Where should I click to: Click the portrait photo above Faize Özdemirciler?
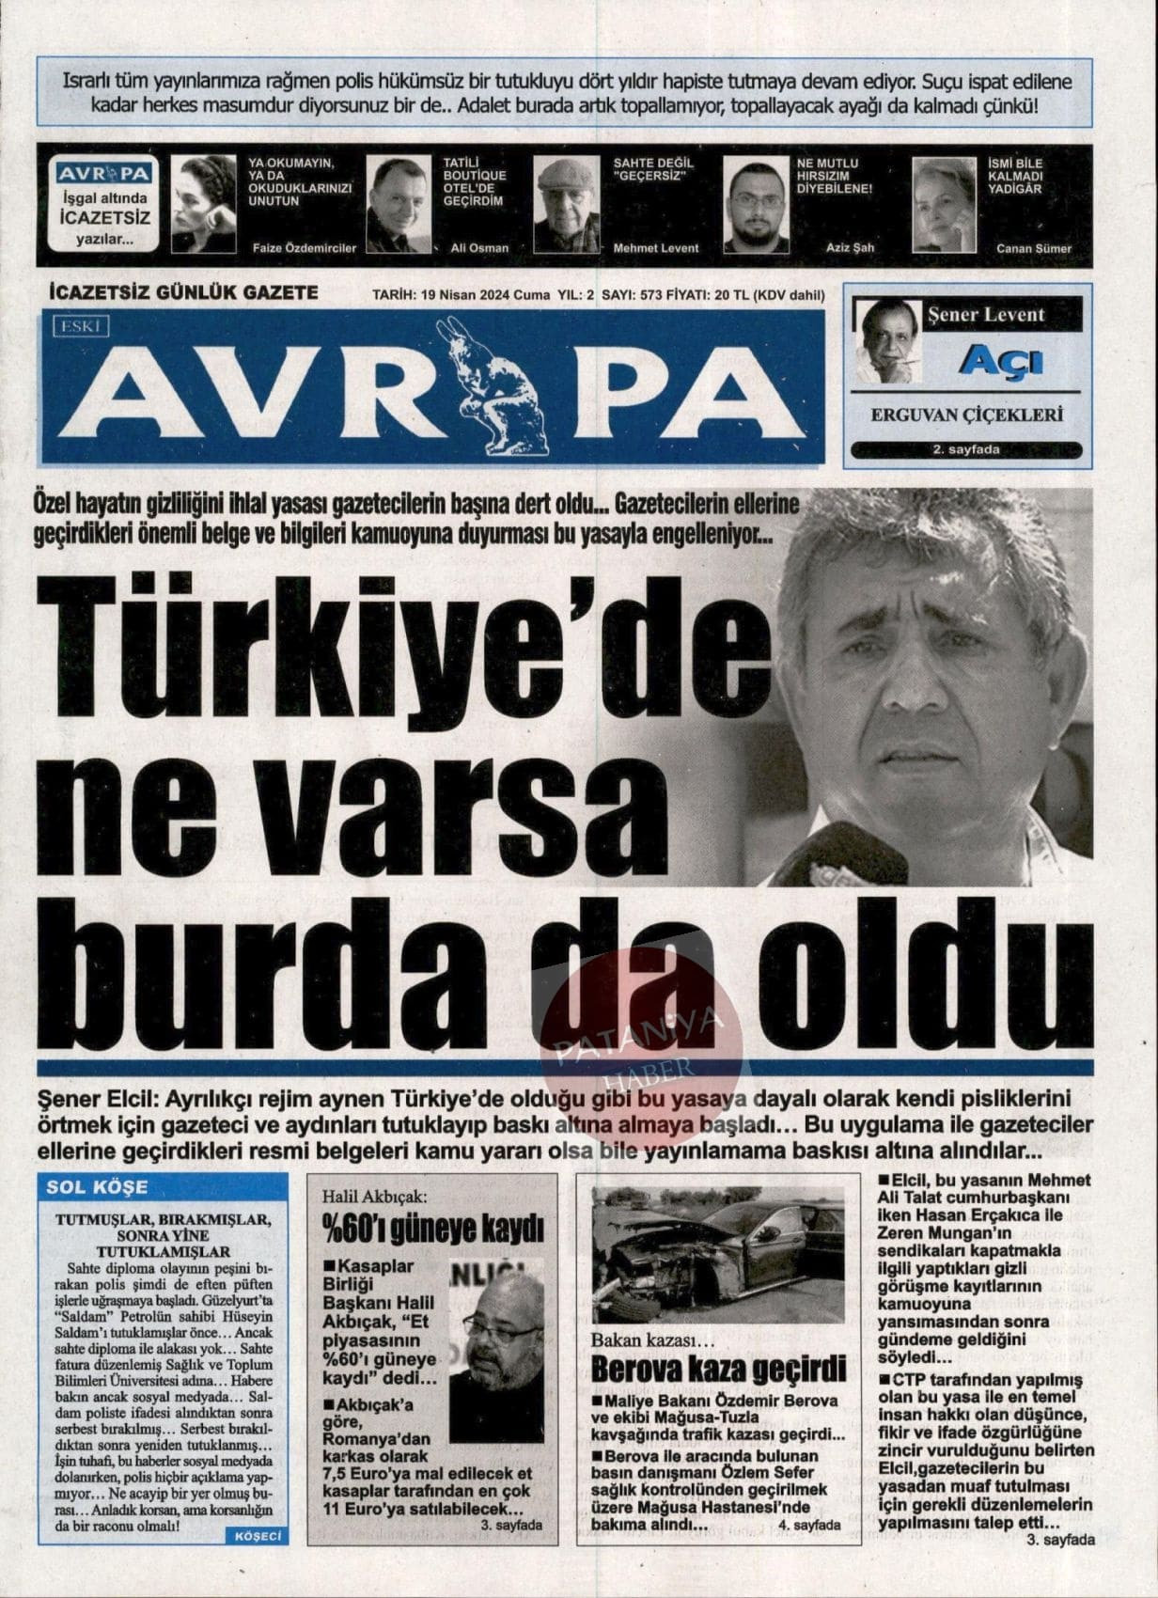tap(204, 203)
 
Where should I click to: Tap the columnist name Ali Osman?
tap(479, 248)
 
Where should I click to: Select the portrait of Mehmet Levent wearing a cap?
tap(567, 204)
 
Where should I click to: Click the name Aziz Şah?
tap(850, 248)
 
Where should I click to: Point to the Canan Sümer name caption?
tap(1034, 249)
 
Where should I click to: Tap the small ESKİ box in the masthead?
tap(82, 326)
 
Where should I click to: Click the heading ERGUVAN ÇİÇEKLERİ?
tap(966, 415)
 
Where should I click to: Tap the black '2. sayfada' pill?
tap(965, 450)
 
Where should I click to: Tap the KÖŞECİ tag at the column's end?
tap(256, 1535)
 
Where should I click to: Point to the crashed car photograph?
tap(718, 1254)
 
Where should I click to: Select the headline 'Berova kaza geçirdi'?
tap(718, 1369)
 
